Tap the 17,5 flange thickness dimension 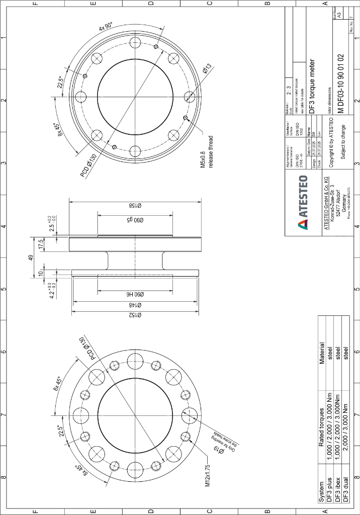(41, 244)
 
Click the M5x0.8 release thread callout (207, 159)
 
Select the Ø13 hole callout (207, 69)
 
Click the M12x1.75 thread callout (207, 476)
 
